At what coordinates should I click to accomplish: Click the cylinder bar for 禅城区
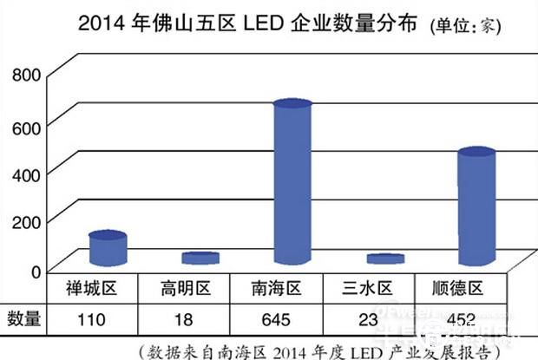pos(108,249)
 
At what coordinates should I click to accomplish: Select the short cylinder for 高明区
pos(200,259)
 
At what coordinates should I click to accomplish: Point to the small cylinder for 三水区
pos(384,259)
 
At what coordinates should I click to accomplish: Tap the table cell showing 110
pos(91,319)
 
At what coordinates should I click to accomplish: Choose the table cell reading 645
pos(275,319)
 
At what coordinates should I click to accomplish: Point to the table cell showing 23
pos(369,319)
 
